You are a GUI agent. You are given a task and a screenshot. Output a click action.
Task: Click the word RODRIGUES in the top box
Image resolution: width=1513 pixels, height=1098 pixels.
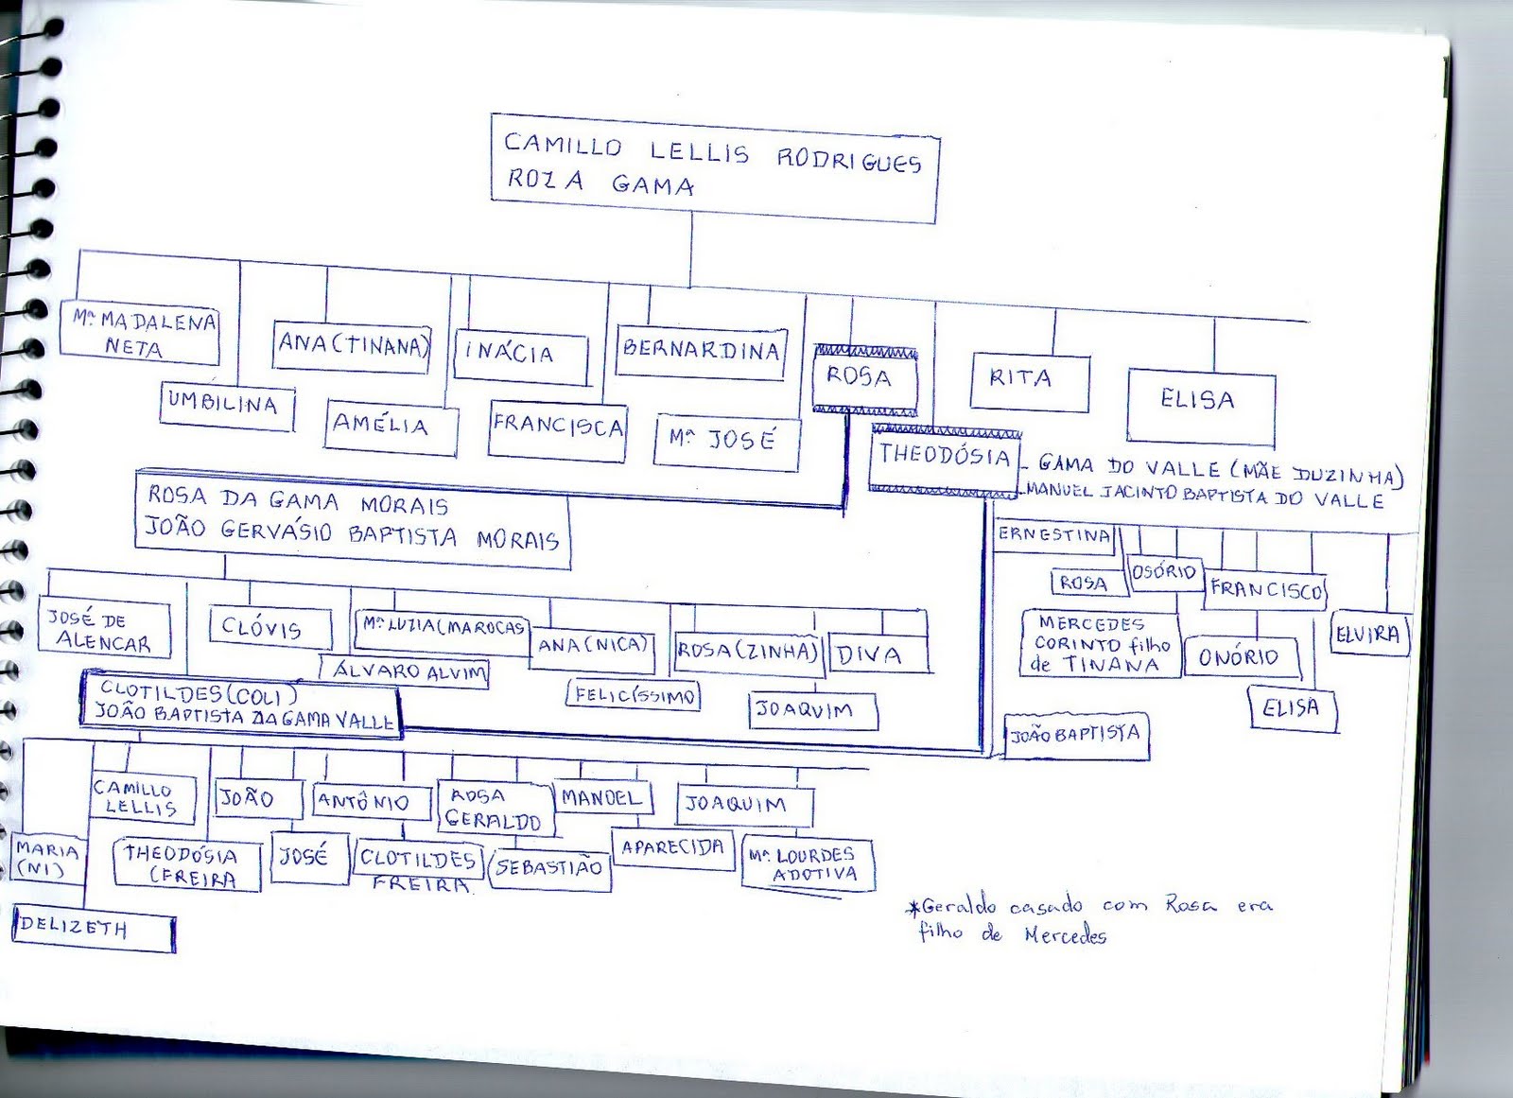click(x=848, y=161)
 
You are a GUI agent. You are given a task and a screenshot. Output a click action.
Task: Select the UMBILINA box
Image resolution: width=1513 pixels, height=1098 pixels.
click(x=225, y=406)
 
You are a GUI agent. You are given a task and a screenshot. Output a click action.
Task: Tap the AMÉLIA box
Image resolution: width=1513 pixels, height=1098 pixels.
click(x=390, y=427)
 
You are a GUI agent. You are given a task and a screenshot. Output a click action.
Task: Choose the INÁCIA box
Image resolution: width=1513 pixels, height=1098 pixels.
click(x=519, y=357)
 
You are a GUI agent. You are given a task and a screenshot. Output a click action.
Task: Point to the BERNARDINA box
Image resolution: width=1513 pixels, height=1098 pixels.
click(x=701, y=352)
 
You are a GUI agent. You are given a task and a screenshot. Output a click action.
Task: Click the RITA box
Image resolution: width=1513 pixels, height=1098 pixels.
click(x=1029, y=381)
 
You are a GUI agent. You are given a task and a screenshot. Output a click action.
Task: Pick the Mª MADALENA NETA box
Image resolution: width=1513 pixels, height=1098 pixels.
click(x=140, y=333)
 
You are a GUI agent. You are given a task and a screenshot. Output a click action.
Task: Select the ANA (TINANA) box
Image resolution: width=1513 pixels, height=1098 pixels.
click(x=353, y=346)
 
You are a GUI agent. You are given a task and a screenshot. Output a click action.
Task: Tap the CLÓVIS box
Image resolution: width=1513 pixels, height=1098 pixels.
click(x=269, y=629)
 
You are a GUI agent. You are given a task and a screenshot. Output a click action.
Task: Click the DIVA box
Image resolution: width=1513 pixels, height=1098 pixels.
click(x=878, y=654)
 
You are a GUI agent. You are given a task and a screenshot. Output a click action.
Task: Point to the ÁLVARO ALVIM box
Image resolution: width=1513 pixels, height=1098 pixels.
click(x=407, y=672)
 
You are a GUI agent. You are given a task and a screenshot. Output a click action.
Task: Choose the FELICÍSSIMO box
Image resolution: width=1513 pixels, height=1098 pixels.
click(x=634, y=695)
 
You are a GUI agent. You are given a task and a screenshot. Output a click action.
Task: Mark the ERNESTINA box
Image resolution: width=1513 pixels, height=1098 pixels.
click(x=1054, y=535)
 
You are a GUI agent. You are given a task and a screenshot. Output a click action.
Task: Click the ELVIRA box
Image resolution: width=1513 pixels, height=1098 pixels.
click(x=1368, y=636)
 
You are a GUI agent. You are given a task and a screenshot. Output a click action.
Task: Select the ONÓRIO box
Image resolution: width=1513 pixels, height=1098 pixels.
click(x=1241, y=658)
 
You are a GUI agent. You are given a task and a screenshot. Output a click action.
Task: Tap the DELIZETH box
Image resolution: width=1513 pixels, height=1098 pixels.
click(x=93, y=930)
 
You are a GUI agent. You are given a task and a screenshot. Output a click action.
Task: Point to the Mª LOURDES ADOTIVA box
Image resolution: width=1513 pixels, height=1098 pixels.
click(x=807, y=864)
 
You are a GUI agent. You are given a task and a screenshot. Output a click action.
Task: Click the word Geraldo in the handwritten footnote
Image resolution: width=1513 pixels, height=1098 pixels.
click(x=958, y=906)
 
